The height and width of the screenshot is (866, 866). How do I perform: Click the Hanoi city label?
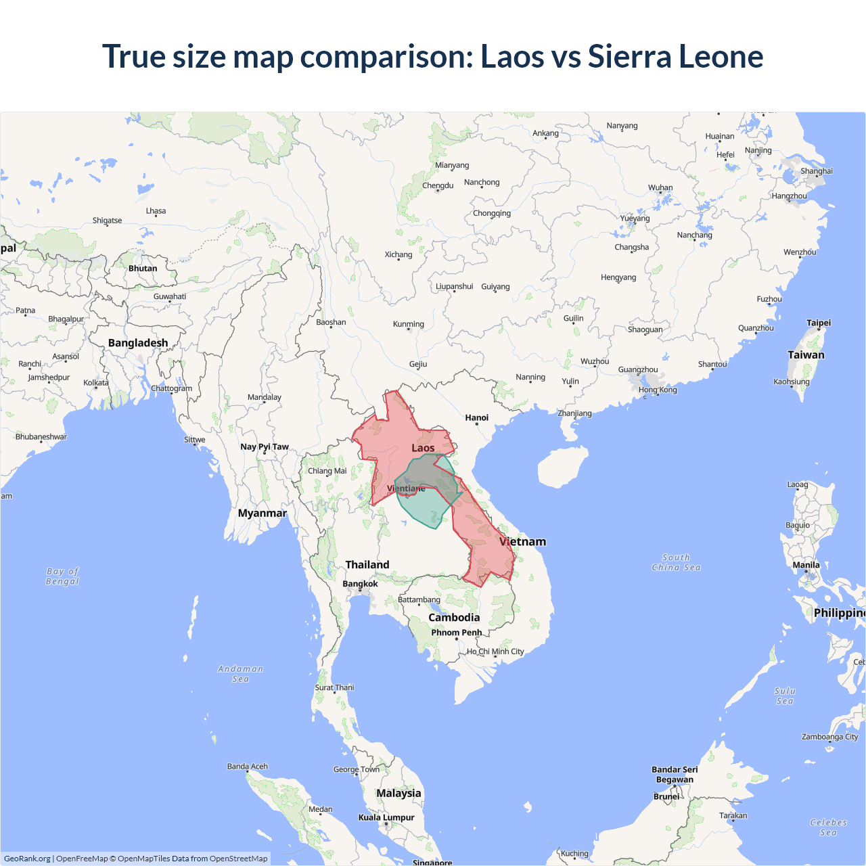[476, 417]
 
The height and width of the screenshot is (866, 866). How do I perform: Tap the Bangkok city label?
[360, 583]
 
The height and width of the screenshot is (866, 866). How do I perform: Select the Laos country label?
[423, 448]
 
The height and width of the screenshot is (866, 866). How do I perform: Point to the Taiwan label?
[806, 355]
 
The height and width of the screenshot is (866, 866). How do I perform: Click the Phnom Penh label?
[457, 633]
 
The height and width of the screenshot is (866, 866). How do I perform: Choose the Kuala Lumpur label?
[386, 817]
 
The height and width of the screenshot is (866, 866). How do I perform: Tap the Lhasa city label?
[156, 211]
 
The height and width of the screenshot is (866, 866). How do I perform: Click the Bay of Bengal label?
[62, 576]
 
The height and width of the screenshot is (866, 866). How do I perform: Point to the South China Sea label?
[676, 562]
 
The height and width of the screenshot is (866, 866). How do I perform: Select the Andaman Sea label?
[240, 674]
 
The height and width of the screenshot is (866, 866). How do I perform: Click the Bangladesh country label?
[138, 343]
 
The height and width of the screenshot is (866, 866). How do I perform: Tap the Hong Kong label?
[657, 390]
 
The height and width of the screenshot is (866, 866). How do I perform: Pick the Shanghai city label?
[816, 171]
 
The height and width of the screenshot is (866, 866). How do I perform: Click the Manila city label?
[806, 565]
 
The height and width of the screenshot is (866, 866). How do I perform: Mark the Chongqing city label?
[492, 213]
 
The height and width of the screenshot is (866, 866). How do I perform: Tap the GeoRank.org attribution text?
[27, 859]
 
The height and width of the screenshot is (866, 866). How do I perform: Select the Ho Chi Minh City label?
[495, 652]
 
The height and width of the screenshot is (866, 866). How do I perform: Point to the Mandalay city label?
[264, 397]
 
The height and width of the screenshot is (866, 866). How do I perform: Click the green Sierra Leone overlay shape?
[423, 507]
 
